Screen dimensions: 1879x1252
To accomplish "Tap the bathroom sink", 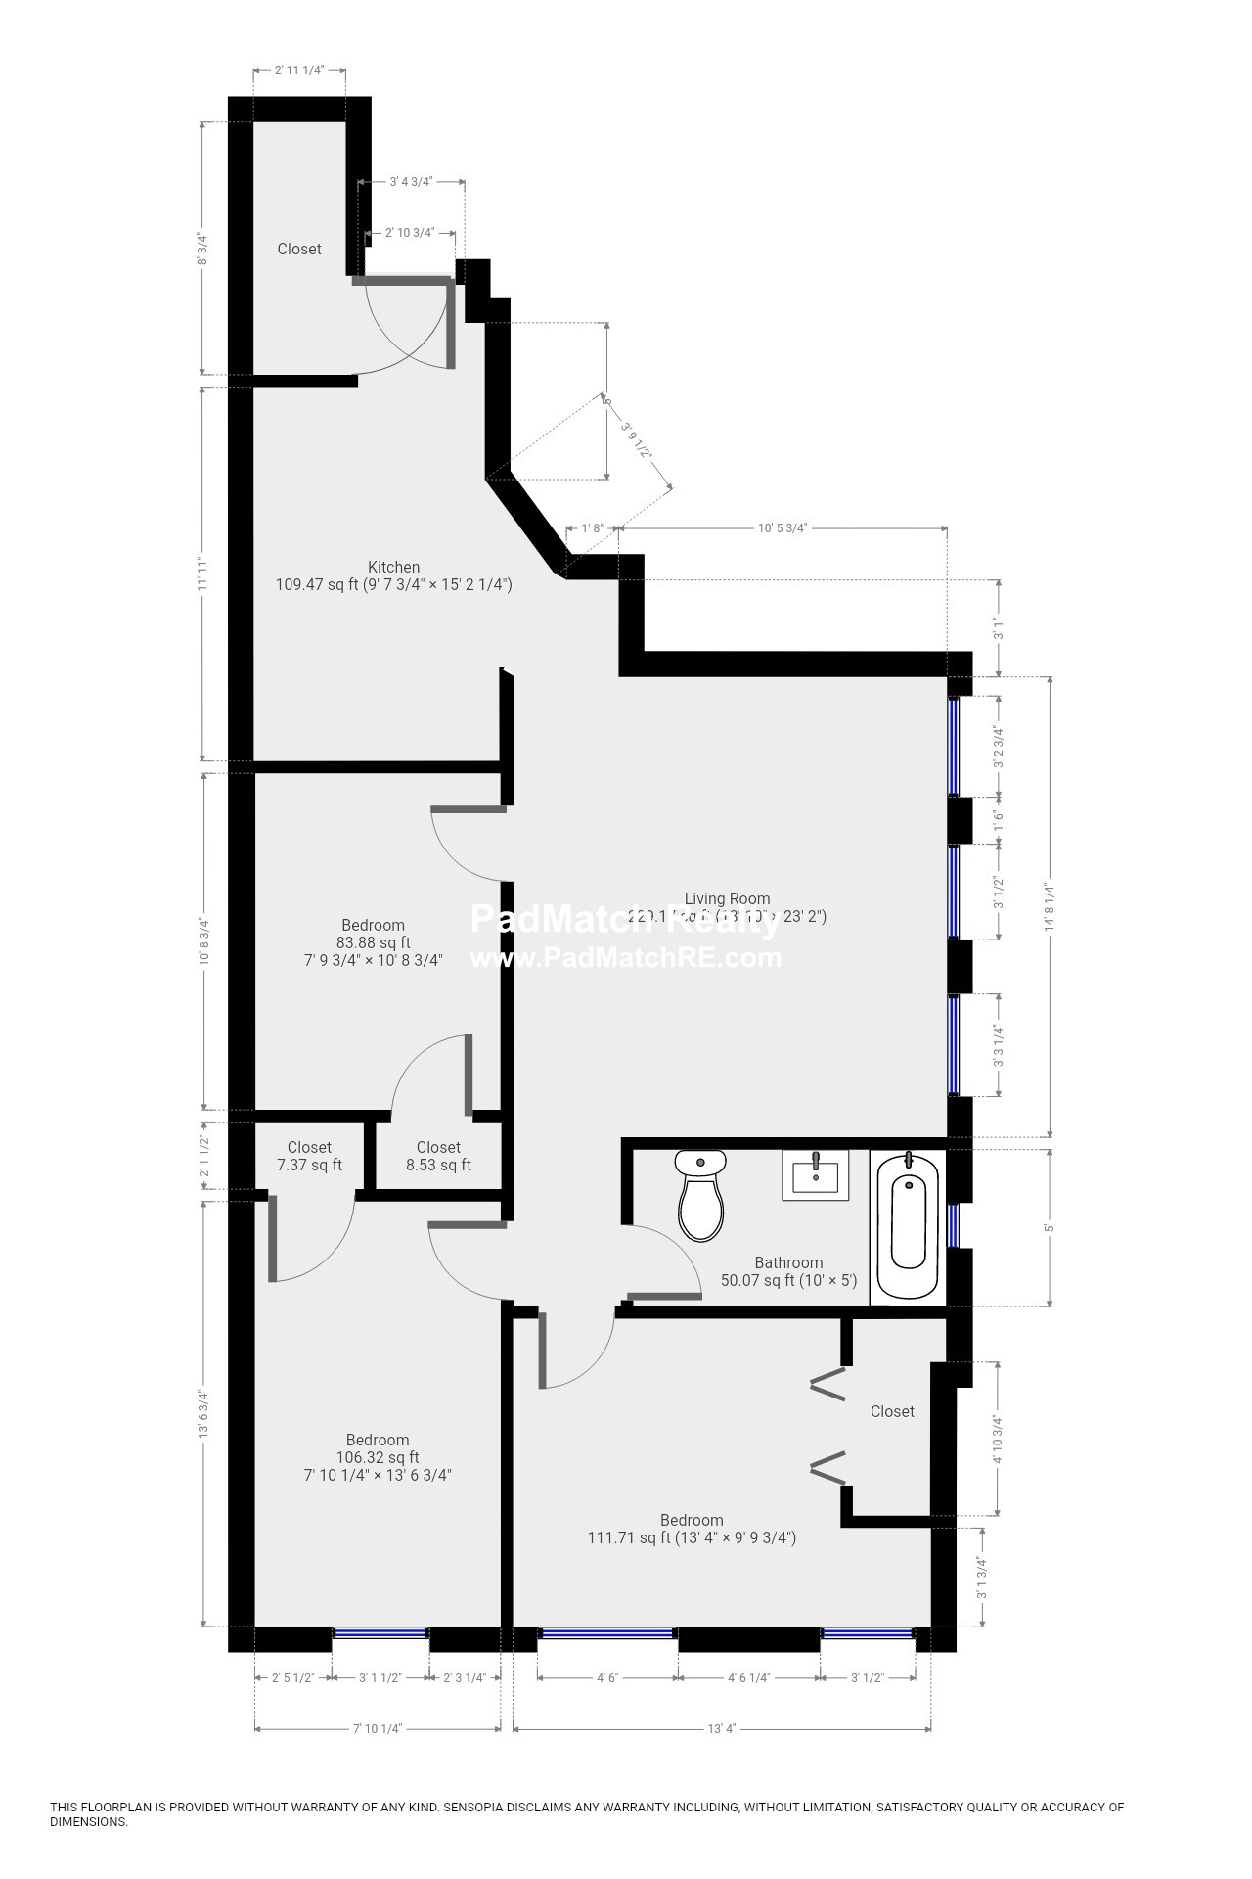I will pos(815,1174).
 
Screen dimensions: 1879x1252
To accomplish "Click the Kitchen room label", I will pos(393,575).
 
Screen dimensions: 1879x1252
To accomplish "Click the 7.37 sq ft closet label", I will pos(309,1156).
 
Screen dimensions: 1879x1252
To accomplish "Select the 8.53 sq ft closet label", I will pos(438,1156).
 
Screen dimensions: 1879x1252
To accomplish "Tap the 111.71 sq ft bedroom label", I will pos(692,1529).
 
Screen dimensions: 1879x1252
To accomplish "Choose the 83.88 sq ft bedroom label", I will pos(373,942).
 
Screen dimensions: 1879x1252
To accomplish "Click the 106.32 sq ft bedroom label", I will pos(378,1457).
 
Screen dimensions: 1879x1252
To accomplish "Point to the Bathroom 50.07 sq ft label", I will pos(788,1271).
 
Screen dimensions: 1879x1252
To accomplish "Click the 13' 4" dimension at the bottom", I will pos(721,1729).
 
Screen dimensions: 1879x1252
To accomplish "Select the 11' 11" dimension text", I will pos(202,573).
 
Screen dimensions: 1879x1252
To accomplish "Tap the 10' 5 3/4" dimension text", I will pos(782,528).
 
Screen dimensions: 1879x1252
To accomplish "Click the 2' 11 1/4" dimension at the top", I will pos(298,70).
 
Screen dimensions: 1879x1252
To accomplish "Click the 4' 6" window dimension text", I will pos(606,1677).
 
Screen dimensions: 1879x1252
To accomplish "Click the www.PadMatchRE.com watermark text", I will pos(626,958).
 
